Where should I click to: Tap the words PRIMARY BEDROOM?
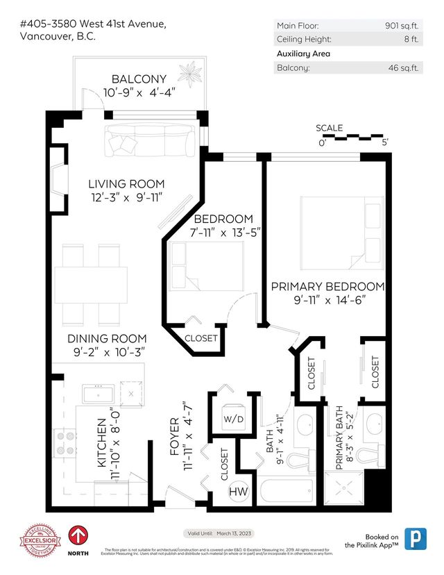(x=327, y=286)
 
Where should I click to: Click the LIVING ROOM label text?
(x=126, y=184)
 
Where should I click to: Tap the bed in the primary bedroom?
(x=341, y=233)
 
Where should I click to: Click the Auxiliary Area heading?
(x=303, y=53)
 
